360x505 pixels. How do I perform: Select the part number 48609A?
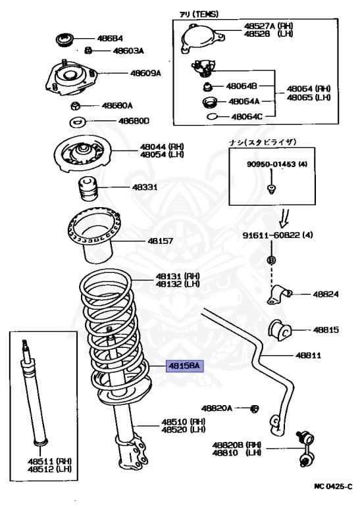point(145,74)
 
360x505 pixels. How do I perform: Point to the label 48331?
point(145,187)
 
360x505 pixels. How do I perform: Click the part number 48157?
point(160,241)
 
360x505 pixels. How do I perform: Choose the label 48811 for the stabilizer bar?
point(308,356)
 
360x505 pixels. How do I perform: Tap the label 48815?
point(326,329)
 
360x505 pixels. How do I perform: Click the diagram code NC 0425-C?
point(334,487)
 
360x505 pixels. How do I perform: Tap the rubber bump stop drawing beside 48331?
point(87,189)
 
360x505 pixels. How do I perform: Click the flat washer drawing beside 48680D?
point(78,122)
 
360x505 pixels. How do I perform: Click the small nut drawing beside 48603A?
point(88,50)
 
